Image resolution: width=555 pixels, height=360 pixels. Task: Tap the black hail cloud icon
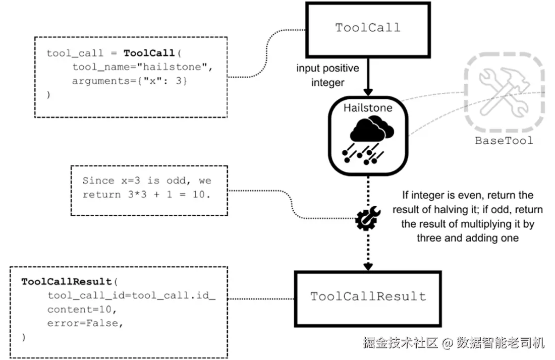click(x=368, y=142)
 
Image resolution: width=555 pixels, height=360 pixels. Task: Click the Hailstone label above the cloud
click(x=368, y=108)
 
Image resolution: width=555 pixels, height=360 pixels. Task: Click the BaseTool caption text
click(x=504, y=141)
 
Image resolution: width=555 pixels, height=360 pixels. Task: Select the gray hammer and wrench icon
click(x=505, y=92)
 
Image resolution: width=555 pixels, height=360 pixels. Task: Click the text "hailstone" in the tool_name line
click(x=172, y=67)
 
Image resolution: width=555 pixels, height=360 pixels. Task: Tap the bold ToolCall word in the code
click(x=149, y=53)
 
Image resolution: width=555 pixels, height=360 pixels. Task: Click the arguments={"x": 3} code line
click(x=130, y=81)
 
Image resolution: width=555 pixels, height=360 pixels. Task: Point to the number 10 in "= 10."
click(x=199, y=195)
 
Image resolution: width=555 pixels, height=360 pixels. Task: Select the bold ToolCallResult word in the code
click(x=67, y=281)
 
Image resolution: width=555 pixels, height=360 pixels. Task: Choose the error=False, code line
click(x=85, y=323)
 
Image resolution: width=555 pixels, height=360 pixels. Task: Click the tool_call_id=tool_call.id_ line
click(x=132, y=295)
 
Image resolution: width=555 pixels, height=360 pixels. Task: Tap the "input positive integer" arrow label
click(x=328, y=75)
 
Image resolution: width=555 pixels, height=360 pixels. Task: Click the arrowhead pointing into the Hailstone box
click(x=368, y=92)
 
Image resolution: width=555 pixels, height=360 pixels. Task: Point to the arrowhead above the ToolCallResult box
click(x=368, y=266)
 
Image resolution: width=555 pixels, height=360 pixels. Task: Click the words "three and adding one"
click(x=468, y=238)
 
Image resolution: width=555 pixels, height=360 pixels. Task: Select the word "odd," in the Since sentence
click(x=179, y=181)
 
